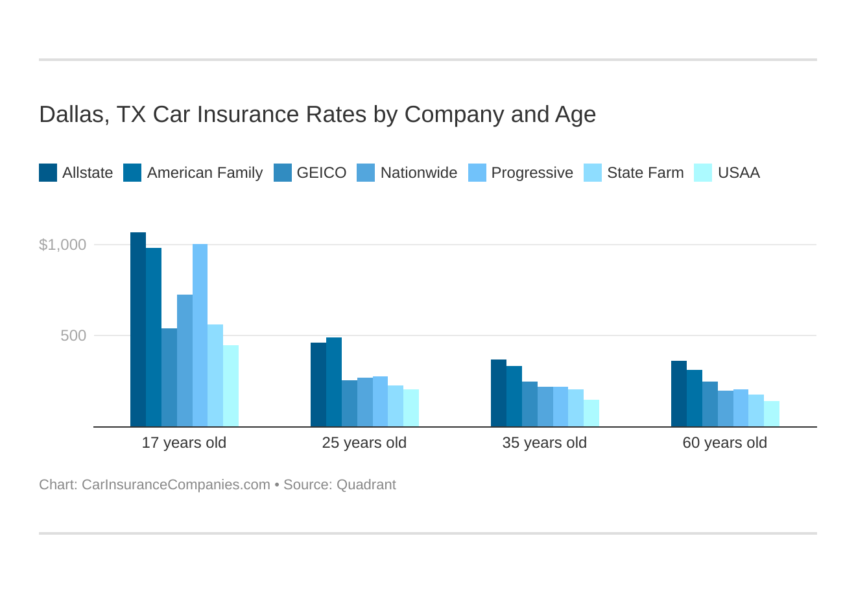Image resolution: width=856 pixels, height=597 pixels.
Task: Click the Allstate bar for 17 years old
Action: click(x=138, y=330)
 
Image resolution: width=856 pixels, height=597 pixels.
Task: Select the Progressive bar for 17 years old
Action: click(x=200, y=335)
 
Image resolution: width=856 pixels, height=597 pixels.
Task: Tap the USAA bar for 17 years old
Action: click(x=231, y=386)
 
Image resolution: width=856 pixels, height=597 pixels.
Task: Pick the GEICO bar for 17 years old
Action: click(x=169, y=378)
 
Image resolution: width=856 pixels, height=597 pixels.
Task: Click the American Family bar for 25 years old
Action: click(x=334, y=382)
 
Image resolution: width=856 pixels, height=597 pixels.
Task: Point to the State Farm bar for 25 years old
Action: click(x=396, y=406)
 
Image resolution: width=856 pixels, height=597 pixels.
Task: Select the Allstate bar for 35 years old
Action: click(x=499, y=393)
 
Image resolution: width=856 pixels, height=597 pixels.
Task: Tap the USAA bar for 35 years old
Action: click(x=591, y=413)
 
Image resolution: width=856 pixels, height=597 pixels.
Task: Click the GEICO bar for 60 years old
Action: click(x=710, y=404)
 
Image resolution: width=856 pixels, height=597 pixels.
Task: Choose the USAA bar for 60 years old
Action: click(x=772, y=414)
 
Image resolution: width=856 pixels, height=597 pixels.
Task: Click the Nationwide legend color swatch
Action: click(x=366, y=173)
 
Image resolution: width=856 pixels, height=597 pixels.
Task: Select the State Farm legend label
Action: click(x=645, y=173)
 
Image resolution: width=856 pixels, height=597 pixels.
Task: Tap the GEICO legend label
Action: click(x=321, y=173)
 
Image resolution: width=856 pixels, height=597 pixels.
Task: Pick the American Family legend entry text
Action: click(x=204, y=173)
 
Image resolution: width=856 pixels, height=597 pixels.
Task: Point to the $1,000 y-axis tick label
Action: click(x=62, y=245)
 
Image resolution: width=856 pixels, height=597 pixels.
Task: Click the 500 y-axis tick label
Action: click(x=73, y=335)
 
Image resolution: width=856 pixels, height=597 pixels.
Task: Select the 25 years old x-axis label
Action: click(x=364, y=443)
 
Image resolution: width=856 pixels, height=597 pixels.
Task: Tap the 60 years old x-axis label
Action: click(x=725, y=443)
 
